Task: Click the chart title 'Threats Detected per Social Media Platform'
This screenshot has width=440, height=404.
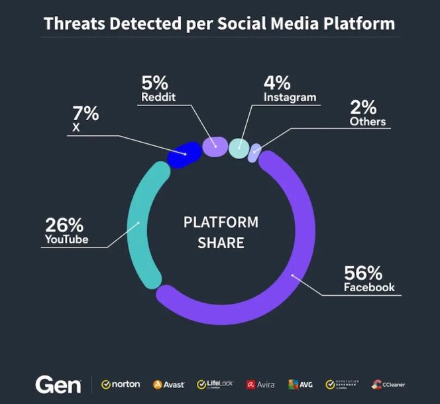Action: point(219,24)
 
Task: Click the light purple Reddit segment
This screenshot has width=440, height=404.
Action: point(215,147)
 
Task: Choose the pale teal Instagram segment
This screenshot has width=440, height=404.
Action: point(239,148)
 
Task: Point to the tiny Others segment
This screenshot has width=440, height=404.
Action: point(254,154)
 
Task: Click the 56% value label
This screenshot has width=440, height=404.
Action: point(363,273)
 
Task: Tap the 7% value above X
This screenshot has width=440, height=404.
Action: point(85,113)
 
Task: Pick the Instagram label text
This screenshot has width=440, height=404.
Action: point(290,98)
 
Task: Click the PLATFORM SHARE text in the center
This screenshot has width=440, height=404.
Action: point(221,232)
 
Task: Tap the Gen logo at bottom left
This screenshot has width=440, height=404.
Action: point(58,384)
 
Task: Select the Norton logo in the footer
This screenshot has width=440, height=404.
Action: point(121,384)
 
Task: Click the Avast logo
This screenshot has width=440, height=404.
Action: point(169,384)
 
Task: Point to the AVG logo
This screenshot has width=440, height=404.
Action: point(300,384)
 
